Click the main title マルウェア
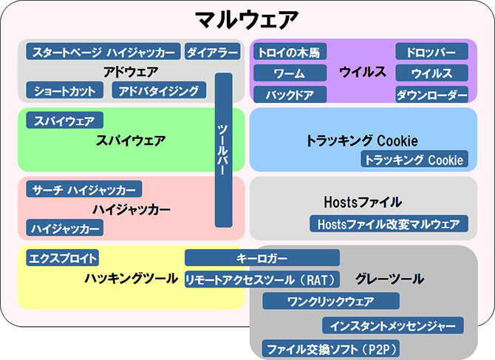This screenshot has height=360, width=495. click(247, 19)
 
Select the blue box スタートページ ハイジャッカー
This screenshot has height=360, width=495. click(103, 52)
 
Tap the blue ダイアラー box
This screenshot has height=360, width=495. click(213, 52)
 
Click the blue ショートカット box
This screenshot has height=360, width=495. click(65, 90)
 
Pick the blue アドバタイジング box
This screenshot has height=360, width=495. click(159, 90)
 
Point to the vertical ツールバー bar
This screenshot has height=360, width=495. click(224, 150)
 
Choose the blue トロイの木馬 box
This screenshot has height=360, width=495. click(290, 52)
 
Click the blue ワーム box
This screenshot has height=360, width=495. click(290, 73)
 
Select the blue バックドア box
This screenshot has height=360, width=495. click(290, 94)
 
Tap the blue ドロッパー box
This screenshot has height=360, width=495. click(431, 52)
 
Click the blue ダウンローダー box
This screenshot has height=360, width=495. click(431, 94)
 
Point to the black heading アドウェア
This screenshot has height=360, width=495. click(131, 72)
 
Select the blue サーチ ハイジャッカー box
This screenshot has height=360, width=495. click(84, 189)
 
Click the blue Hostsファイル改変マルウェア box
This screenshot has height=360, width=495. click(389, 223)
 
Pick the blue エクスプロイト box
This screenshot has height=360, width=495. click(63, 258)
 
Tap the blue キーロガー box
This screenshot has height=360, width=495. click(262, 258)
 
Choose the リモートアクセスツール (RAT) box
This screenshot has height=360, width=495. click(262, 279)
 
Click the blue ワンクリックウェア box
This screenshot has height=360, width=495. click(331, 301)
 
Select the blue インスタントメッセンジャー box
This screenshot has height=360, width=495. click(393, 325)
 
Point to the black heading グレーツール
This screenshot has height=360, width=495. click(389, 279)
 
